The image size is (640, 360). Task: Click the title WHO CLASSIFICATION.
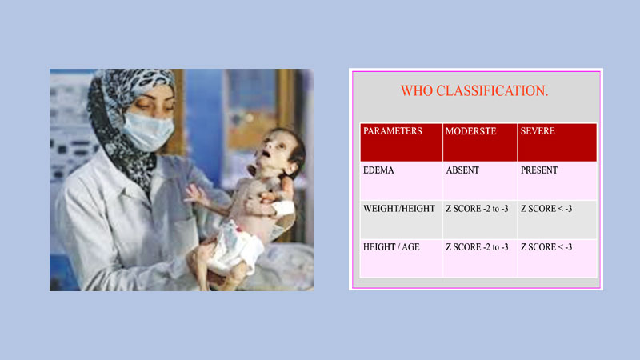click(x=474, y=90)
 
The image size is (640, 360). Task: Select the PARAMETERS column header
click(x=393, y=131)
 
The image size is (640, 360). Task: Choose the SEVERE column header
click(x=538, y=131)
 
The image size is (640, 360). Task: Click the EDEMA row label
click(x=379, y=170)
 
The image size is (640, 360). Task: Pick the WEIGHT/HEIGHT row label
click(x=399, y=209)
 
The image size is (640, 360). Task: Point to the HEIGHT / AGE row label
click(x=392, y=247)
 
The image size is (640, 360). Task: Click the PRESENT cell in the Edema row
click(x=539, y=170)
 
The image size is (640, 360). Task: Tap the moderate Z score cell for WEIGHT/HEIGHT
click(x=477, y=209)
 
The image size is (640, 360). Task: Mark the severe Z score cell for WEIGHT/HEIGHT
click(x=546, y=209)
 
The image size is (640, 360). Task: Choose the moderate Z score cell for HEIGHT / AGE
click(x=477, y=247)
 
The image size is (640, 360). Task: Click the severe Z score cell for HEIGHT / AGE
click(x=546, y=247)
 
